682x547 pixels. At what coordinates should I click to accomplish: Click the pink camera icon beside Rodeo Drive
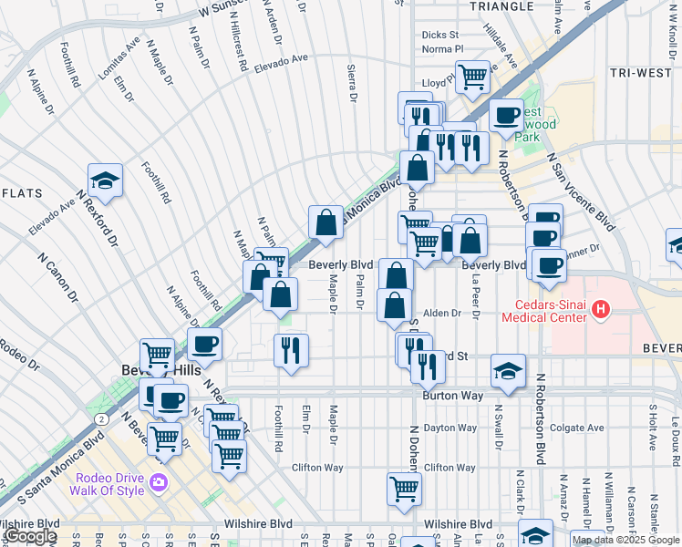(x=160, y=481)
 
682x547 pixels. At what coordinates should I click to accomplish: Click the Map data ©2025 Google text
(x=625, y=540)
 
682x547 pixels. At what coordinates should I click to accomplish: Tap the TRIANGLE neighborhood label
(x=501, y=6)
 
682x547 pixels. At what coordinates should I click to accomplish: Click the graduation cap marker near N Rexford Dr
(x=105, y=181)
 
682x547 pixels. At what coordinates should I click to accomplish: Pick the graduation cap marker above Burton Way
(x=508, y=370)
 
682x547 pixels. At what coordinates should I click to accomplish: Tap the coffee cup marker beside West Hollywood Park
(x=506, y=116)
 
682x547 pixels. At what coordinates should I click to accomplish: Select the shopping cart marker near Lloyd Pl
(x=472, y=77)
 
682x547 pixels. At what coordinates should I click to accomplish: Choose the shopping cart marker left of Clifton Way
(x=404, y=488)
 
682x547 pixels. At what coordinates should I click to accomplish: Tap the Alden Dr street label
(x=442, y=313)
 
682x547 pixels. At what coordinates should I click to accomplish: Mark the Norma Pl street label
(x=443, y=49)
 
